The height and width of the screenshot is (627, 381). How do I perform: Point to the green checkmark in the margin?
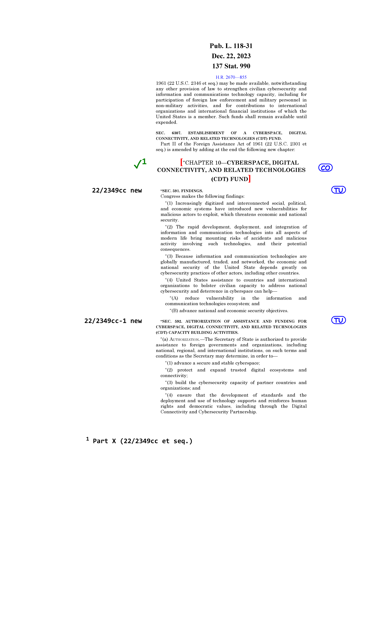[x=138, y=164]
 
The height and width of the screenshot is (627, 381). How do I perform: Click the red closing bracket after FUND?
[x=249, y=179]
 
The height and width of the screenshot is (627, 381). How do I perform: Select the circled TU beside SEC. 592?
[x=338, y=320]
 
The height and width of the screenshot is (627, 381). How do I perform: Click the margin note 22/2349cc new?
[x=117, y=191]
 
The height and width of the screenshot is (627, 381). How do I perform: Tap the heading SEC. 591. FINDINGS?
[x=182, y=191]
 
